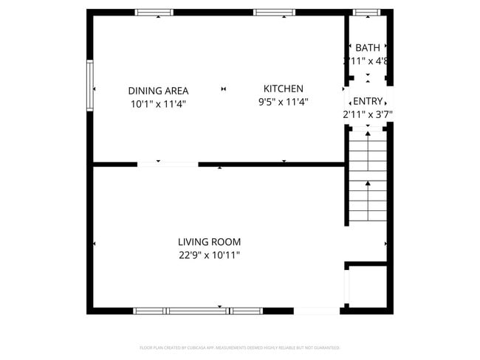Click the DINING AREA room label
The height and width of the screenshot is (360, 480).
point(158,90)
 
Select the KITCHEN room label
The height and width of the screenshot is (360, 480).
point(284,89)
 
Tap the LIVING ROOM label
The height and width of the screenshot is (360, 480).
point(209,241)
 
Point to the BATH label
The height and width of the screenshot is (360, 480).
point(368,48)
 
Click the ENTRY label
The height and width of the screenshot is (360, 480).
point(368,101)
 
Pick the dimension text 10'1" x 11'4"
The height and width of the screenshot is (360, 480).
point(158,104)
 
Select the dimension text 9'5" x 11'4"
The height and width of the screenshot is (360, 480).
point(284,103)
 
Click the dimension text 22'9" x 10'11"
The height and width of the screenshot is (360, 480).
point(209,255)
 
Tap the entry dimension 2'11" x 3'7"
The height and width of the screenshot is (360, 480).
point(367,114)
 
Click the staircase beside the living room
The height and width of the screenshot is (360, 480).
point(367,176)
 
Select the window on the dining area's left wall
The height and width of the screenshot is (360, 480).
point(89,85)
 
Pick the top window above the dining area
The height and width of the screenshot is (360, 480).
point(154,13)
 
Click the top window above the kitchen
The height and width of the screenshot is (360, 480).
point(275,13)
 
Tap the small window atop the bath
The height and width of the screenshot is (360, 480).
point(366,13)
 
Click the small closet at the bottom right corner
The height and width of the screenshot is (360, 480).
point(366,287)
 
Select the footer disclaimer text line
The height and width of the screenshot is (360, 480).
point(240,347)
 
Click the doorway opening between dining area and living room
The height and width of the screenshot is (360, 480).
point(168,164)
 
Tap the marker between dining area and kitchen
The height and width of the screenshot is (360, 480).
point(223,90)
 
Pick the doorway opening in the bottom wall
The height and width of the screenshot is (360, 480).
point(317,311)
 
